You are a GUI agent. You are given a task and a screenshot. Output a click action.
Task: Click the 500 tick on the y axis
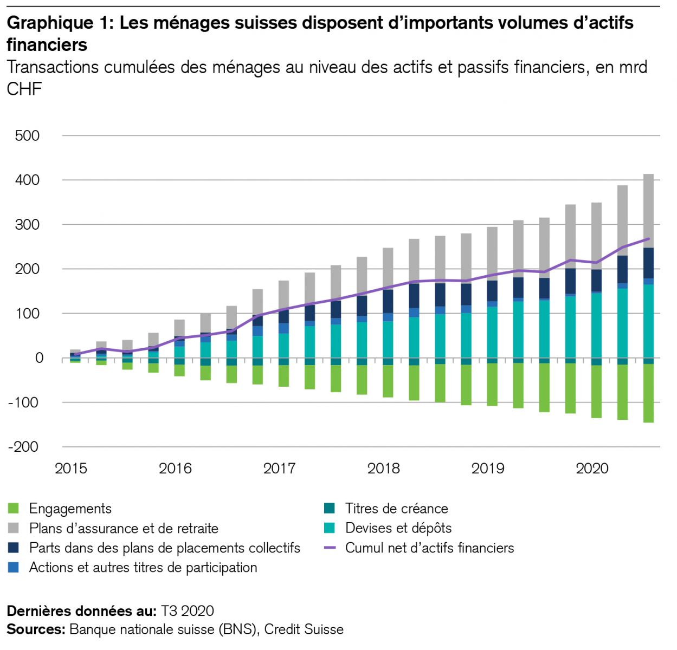(28, 135)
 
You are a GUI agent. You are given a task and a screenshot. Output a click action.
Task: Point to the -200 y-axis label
(24, 447)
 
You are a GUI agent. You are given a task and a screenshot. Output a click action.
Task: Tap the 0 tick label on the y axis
(39, 358)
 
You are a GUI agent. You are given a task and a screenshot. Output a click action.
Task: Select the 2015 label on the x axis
(71, 468)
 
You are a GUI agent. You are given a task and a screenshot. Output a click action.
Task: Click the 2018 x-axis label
(383, 468)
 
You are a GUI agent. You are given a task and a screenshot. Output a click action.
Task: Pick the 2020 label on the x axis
(592, 468)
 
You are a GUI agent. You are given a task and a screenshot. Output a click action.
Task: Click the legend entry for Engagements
(70, 509)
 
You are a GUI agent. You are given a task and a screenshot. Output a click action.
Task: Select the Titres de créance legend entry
(396, 509)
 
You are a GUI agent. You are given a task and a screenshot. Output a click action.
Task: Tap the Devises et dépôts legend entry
(398, 528)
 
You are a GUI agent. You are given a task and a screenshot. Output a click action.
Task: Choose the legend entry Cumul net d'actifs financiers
(429, 548)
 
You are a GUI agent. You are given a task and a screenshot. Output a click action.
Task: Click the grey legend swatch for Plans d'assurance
(14, 528)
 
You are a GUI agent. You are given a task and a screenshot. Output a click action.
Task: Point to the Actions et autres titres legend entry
(143, 567)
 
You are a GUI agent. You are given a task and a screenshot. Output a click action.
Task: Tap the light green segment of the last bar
(648, 393)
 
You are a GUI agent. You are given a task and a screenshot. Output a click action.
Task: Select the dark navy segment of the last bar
(648, 263)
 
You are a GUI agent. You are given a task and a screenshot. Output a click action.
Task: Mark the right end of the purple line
(648, 238)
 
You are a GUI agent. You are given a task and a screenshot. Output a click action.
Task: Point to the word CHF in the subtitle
(24, 88)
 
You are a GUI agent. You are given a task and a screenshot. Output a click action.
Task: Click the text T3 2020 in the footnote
(187, 611)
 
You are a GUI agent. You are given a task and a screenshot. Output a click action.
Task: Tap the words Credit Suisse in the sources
(304, 629)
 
